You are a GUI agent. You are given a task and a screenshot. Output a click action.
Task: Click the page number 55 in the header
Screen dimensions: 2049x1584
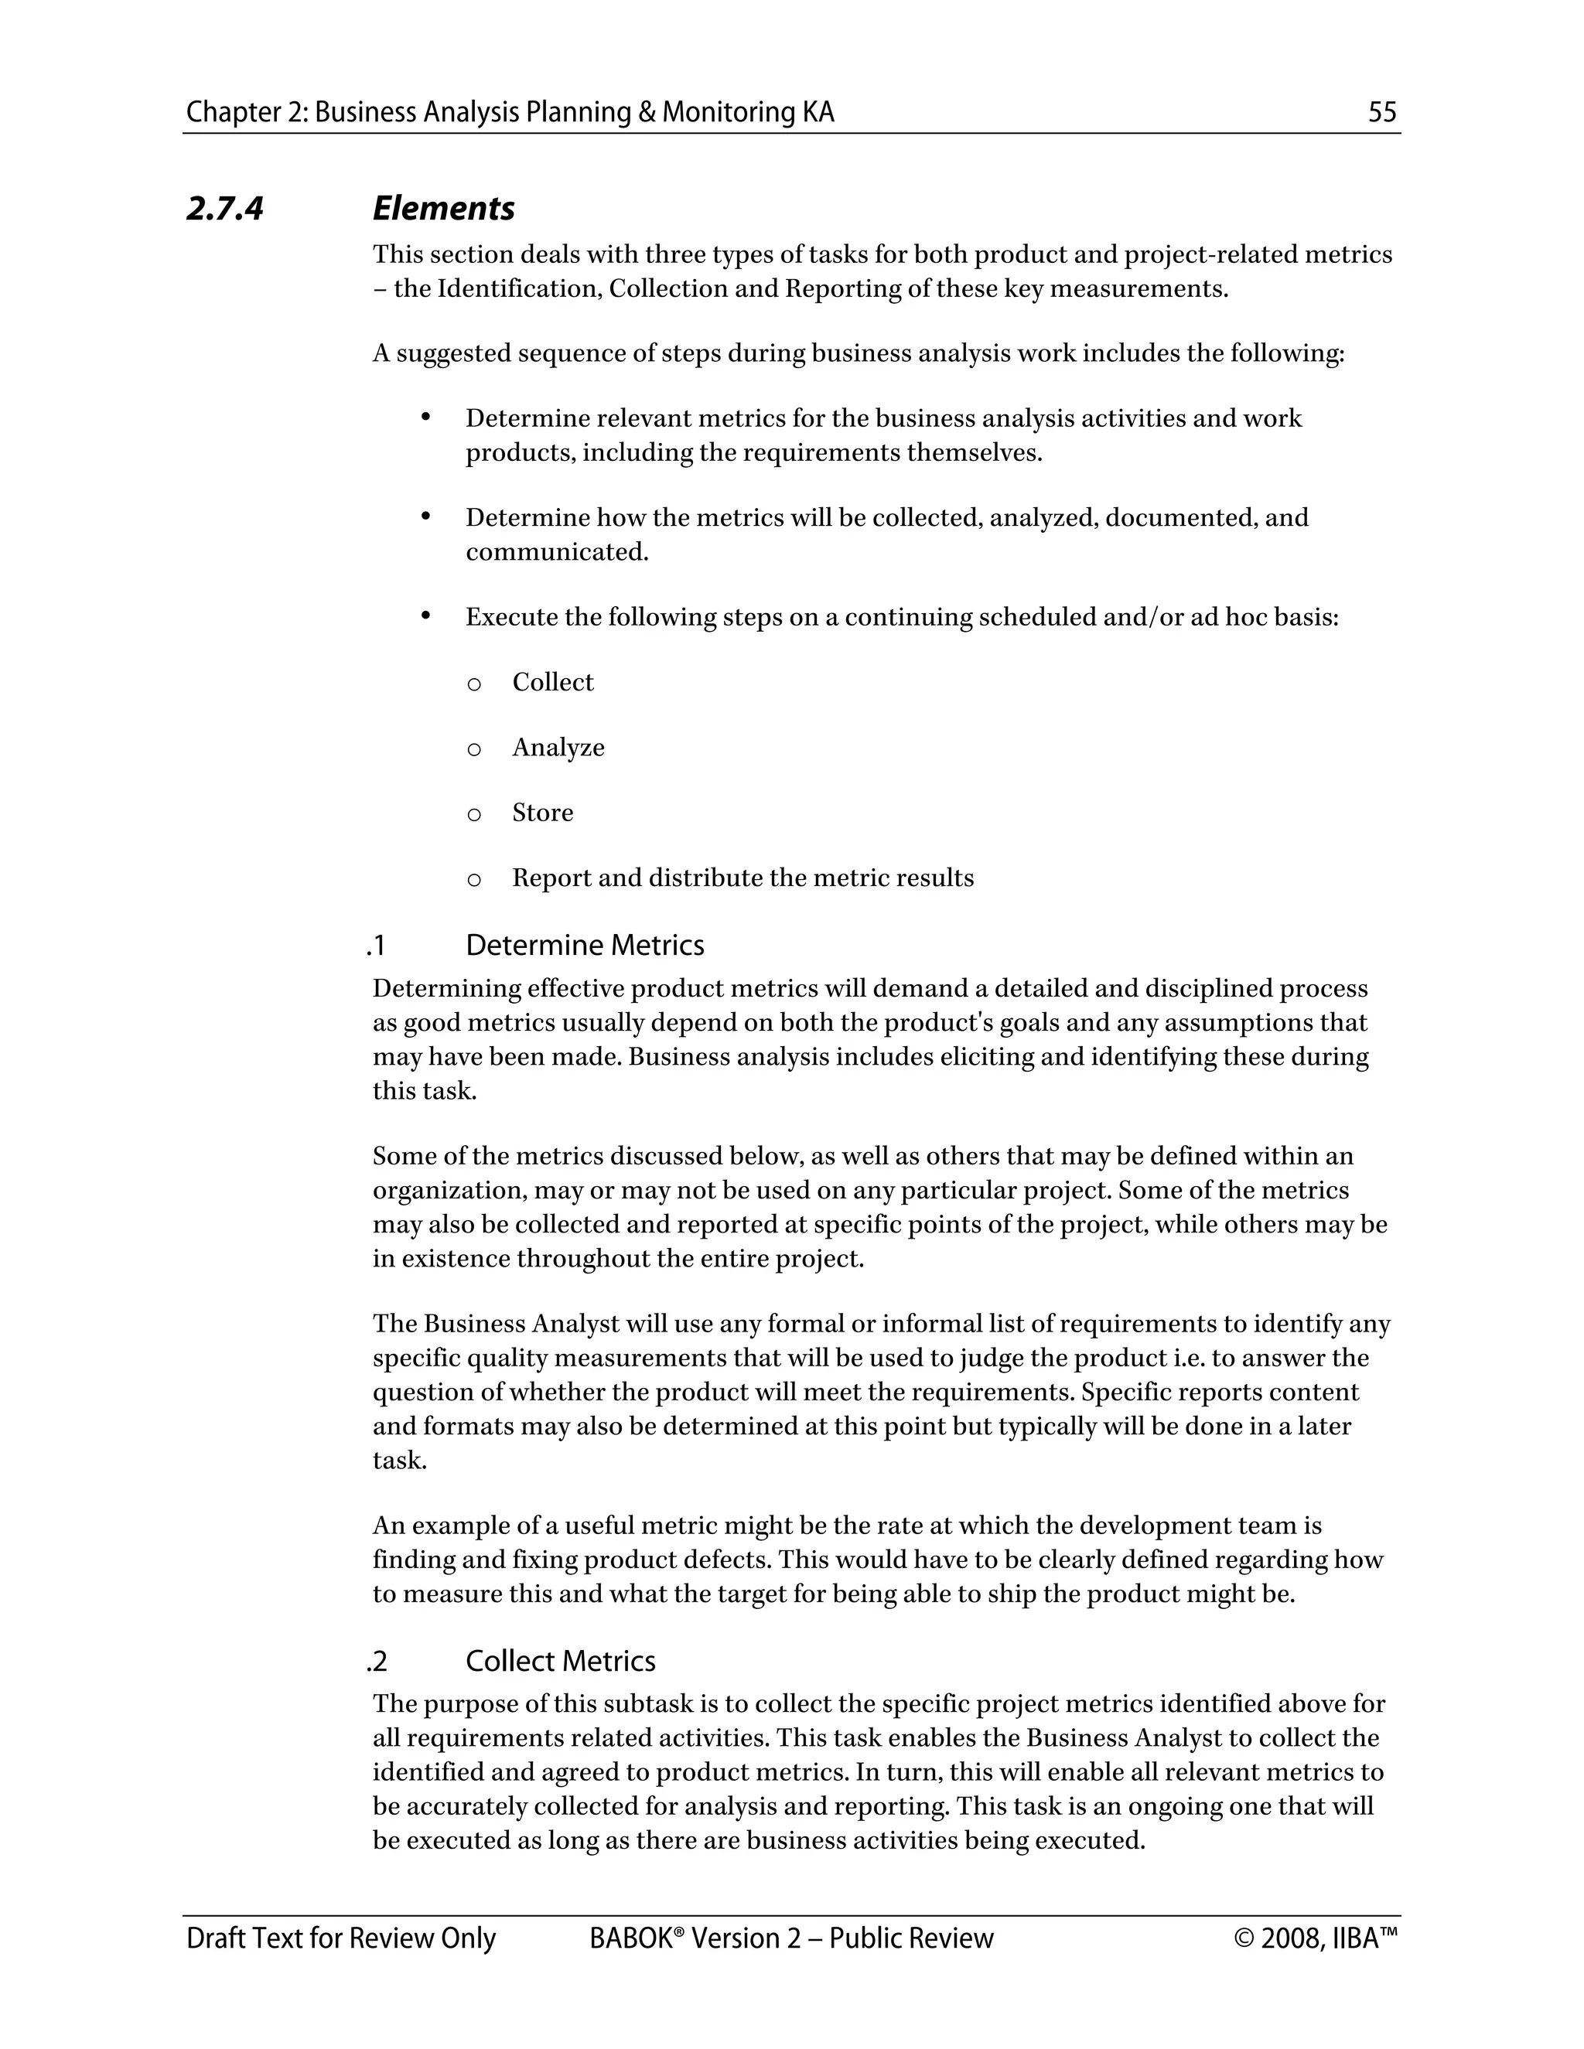1382,113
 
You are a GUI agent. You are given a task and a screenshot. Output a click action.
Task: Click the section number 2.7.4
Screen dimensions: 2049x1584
225,208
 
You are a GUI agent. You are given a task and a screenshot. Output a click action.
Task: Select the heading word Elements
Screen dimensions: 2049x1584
443,208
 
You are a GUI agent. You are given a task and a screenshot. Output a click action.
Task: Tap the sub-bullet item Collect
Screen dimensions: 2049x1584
553,682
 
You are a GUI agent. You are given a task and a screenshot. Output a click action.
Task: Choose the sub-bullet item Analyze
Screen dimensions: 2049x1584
558,748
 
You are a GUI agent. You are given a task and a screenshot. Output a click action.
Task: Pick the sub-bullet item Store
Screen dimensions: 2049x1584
542,813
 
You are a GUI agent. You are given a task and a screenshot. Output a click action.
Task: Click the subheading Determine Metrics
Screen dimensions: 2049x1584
585,945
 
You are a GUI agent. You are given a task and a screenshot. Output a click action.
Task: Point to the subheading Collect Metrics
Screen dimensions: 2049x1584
560,1662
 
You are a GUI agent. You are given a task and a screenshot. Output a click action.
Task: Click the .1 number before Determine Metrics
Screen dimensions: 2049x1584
377,946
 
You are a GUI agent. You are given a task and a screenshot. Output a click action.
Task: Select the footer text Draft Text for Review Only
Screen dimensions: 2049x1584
340,1938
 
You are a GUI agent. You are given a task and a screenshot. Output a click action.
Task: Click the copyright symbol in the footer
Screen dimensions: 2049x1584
1244,1938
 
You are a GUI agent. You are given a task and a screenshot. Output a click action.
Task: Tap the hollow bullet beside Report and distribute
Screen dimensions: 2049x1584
474,880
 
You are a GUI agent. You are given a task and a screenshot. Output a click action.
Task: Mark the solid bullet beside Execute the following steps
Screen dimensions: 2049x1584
425,615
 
